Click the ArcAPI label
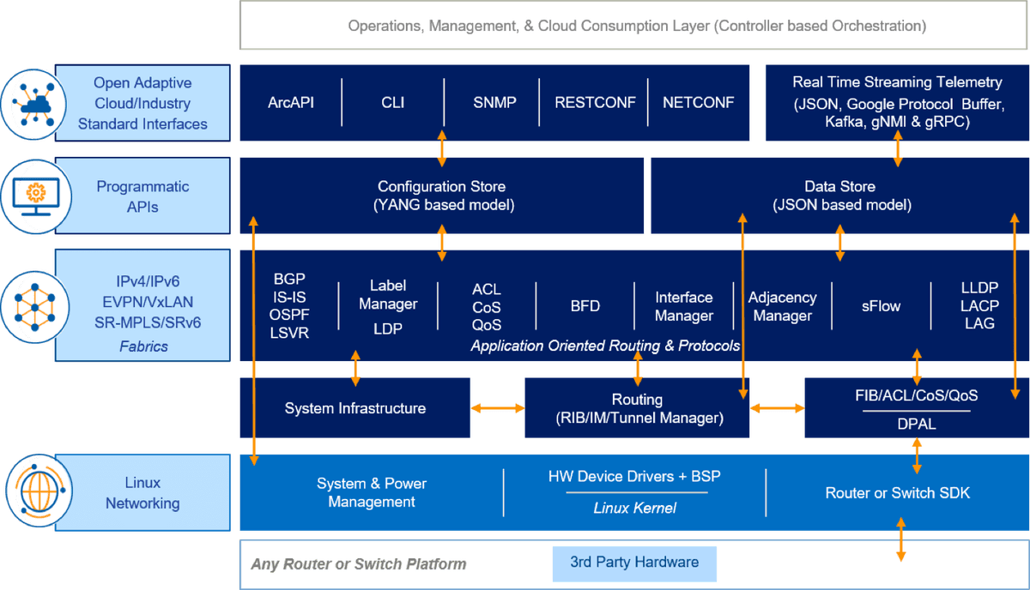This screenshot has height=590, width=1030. (x=290, y=103)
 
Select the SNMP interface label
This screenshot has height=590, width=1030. (x=494, y=103)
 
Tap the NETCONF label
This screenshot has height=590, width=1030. (x=698, y=103)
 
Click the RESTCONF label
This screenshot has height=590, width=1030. (x=595, y=103)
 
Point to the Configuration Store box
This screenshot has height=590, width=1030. (x=441, y=196)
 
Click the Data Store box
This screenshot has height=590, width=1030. (x=839, y=196)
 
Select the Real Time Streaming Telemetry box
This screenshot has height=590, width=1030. (x=897, y=102)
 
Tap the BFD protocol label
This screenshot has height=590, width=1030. (x=585, y=306)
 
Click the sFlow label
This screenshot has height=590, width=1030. (x=882, y=306)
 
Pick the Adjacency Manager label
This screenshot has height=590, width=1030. (x=782, y=307)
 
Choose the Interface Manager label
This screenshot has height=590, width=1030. (x=683, y=307)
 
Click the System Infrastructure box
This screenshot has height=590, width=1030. (x=354, y=408)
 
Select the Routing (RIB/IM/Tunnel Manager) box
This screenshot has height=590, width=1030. (x=637, y=408)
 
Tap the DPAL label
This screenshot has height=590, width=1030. (x=916, y=424)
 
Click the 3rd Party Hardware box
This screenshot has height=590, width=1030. (x=634, y=563)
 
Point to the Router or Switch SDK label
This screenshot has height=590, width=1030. (x=898, y=493)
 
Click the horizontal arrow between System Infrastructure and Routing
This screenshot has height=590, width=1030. (x=498, y=409)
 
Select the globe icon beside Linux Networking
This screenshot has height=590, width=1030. (x=35, y=493)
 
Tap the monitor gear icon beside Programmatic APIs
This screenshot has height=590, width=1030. (x=35, y=196)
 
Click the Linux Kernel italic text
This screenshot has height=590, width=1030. (x=634, y=509)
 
